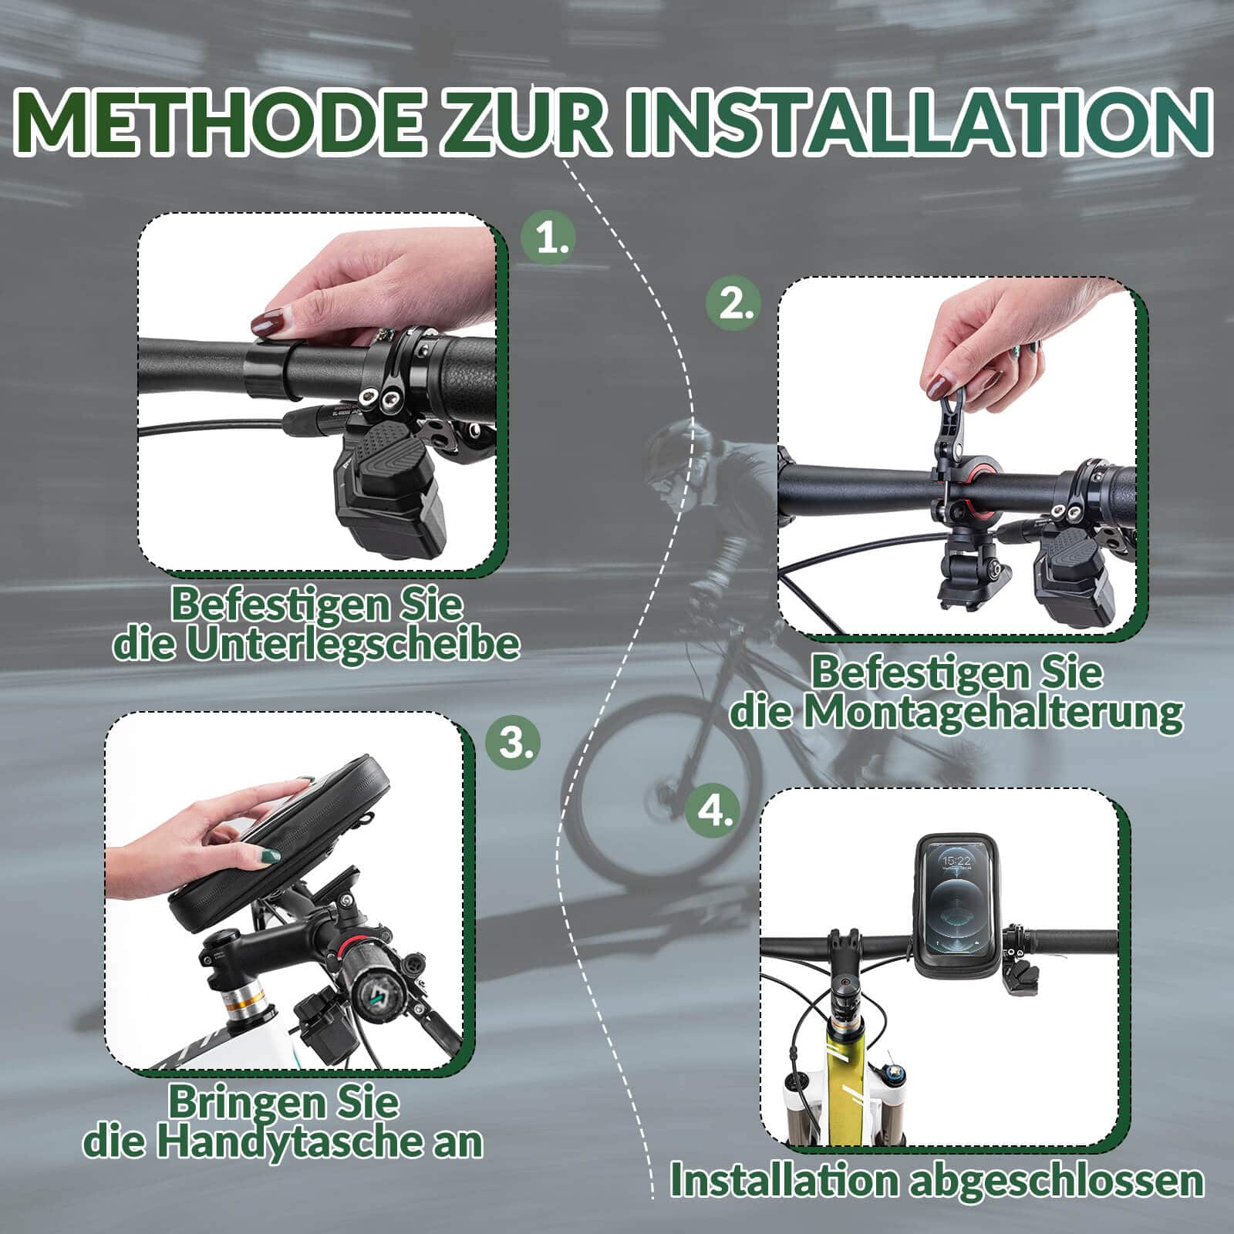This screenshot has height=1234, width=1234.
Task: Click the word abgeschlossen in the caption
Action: click(x=1057, y=1182)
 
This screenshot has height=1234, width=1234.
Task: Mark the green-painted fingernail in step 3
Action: click(x=271, y=855)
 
